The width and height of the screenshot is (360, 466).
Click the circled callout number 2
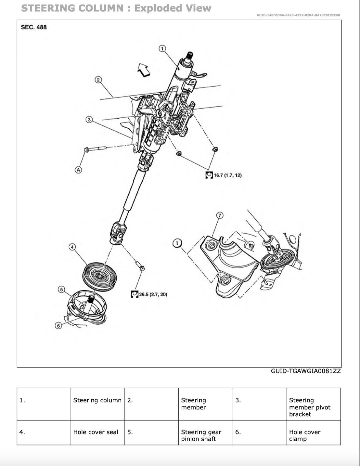[98, 80]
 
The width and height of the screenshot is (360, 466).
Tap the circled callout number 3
[89, 120]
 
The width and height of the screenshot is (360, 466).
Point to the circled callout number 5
[61, 289]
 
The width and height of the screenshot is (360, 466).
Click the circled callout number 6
[58, 325]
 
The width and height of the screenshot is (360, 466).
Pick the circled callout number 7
[219, 215]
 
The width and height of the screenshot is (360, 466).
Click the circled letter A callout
[78, 170]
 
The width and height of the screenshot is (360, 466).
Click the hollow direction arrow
[143, 70]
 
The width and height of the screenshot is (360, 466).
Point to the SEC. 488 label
[34, 27]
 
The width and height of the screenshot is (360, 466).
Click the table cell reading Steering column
[97, 400]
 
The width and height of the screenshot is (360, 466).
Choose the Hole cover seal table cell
[96, 432]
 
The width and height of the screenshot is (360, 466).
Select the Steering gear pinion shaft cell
[201, 435]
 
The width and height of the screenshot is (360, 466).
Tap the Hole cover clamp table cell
[304, 435]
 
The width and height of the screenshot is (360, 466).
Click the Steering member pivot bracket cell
[309, 407]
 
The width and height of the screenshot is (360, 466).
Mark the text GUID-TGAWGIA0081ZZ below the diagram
[306, 371]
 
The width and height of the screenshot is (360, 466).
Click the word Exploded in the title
[157, 8]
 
